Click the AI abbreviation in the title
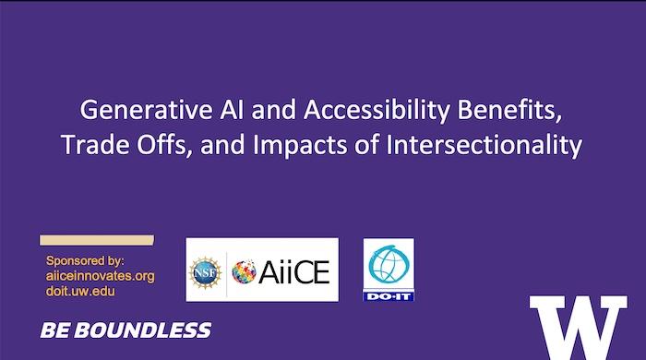click(207, 112)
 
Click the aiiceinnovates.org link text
click(100, 276)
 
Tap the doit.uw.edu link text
click(80, 291)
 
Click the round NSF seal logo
click(206, 270)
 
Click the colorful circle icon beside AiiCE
click(245, 271)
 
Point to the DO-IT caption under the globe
click(389, 294)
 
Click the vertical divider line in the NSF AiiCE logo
click(226, 270)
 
